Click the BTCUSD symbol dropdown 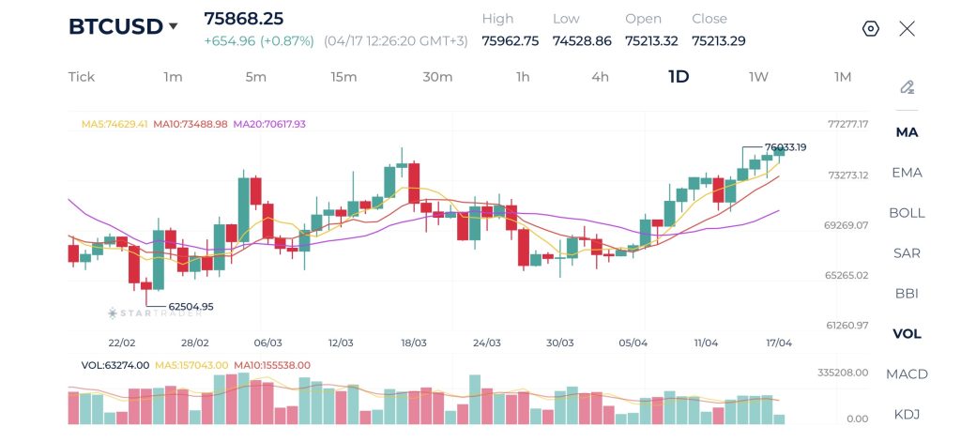[123, 26]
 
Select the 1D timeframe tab [679, 77]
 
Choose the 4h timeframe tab [600, 77]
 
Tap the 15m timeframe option [343, 77]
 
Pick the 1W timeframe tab [758, 77]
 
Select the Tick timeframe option [82, 77]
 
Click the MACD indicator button [907, 373]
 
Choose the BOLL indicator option [907, 213]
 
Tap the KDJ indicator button [907, 414]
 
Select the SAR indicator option [907, 253]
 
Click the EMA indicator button [907, 173]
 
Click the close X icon [907, 28]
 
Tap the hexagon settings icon [870, 28]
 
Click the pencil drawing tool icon [907, 87]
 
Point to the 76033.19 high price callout [786, 147]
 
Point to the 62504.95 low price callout [191, 306]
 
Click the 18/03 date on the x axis [414, 343]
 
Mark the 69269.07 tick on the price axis [847, 225]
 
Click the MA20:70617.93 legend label [269, 124]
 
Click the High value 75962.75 [510, 40]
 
